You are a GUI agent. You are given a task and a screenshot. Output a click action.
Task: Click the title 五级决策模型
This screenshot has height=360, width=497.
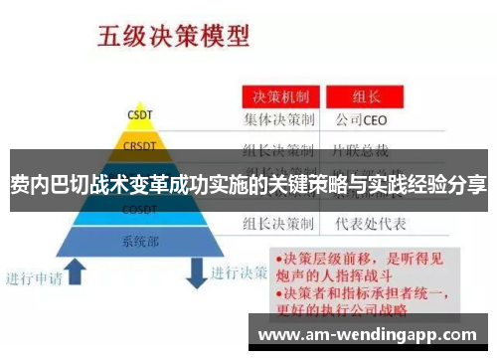(x=172, y=39)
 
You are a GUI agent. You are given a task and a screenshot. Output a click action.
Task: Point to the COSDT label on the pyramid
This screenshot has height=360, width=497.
(x=140, y=211)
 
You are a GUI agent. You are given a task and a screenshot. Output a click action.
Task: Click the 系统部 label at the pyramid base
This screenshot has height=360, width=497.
(x=140, y=240)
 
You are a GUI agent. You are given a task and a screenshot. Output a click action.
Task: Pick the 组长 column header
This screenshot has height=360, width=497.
(x=367, y=97)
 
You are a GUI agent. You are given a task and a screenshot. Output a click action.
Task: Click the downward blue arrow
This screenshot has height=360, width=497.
(x=197, y=268)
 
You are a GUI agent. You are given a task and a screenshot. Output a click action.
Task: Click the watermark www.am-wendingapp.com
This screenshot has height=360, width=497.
(x=373, y=333)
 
